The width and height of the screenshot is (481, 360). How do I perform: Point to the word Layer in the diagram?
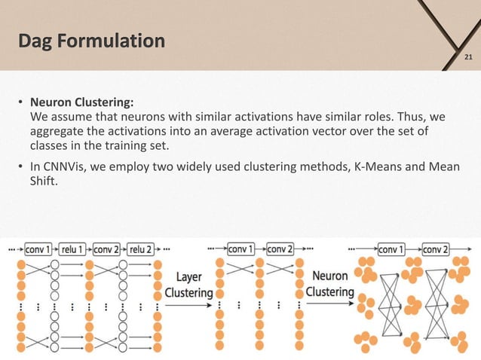(x=188, y=276)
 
